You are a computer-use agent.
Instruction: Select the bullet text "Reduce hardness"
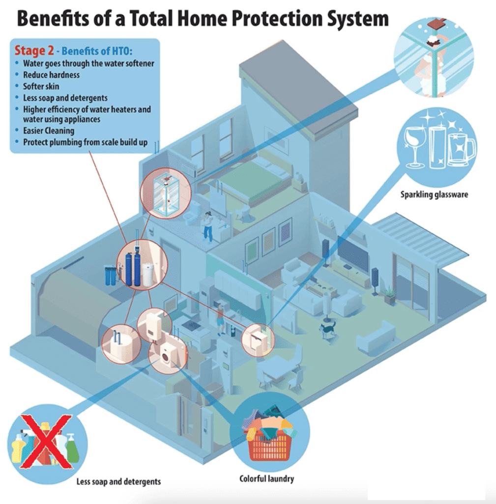pos(51,75)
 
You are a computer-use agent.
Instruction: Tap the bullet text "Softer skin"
pos(41,87)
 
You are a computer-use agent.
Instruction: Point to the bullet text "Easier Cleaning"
pos(49,131)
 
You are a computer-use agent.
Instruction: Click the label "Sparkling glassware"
pos(434,194)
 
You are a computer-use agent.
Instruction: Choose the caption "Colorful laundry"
pos(267,478)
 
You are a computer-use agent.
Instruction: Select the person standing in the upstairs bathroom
pos(208,226)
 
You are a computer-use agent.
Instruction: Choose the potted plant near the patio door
pos(390,295)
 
